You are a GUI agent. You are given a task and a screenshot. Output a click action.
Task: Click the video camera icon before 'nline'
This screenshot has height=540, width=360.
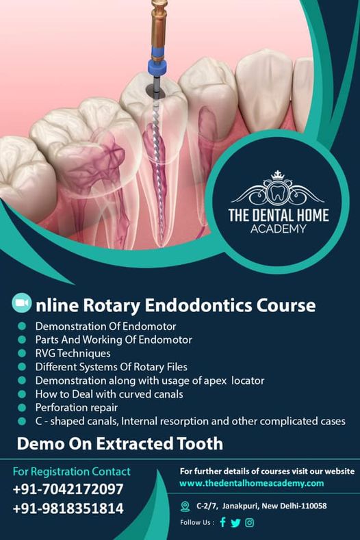pos(21,303)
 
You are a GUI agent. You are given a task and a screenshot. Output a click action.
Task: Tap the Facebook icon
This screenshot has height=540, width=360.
pos(223,522)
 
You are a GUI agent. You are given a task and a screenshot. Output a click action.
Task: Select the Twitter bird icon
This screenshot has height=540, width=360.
pos(235,523)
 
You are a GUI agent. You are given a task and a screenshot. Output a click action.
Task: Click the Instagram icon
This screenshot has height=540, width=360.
pos(249,523)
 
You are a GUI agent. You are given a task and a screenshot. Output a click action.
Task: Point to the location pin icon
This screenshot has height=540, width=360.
pos(185,506)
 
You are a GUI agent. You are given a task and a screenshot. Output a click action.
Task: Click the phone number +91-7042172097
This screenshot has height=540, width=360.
pos(68,489)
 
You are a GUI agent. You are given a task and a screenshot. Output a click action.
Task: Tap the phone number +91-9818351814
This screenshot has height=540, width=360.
pos(68,509)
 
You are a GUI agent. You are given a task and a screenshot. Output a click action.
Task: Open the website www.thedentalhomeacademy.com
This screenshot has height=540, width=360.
pos(251,483)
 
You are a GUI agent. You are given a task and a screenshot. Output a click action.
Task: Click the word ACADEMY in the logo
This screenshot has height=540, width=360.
pos(278,229)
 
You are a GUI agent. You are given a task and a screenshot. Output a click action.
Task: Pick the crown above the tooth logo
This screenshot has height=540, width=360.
pos(277,175)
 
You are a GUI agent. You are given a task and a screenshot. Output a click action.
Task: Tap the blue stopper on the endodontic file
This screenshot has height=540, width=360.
pos(157,67)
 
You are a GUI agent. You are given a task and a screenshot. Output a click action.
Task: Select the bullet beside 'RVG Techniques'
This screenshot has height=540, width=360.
pos(22,353)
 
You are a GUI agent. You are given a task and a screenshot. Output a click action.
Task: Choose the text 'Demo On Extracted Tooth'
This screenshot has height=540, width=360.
pos(120,443)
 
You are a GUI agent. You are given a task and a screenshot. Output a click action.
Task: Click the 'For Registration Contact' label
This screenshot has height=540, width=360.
pos(72,471)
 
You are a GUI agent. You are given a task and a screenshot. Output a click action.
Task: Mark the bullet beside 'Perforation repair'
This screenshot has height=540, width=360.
pos(22,407)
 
